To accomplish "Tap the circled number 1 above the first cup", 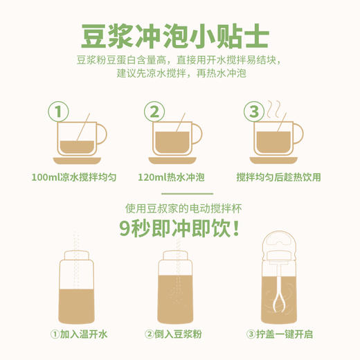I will point(60,111).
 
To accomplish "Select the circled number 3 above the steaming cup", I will point(253,111).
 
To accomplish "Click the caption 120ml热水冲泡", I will point(174,177).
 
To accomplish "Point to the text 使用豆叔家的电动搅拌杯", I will point(180,210).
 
